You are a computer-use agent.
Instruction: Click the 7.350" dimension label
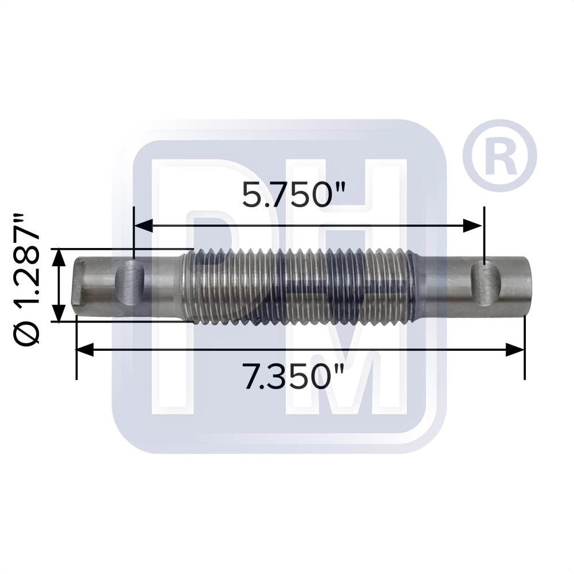click(x=294, y=377)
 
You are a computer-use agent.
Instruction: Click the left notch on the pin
click(x=130, y=283)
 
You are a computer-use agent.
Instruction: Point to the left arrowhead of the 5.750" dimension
click(x=143, y=226)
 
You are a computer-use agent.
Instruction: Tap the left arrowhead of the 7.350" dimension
click(x=85, y=350)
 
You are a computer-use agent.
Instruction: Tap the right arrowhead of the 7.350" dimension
click(x=515, y=350)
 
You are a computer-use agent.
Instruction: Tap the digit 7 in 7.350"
click(x=251, y=377)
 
